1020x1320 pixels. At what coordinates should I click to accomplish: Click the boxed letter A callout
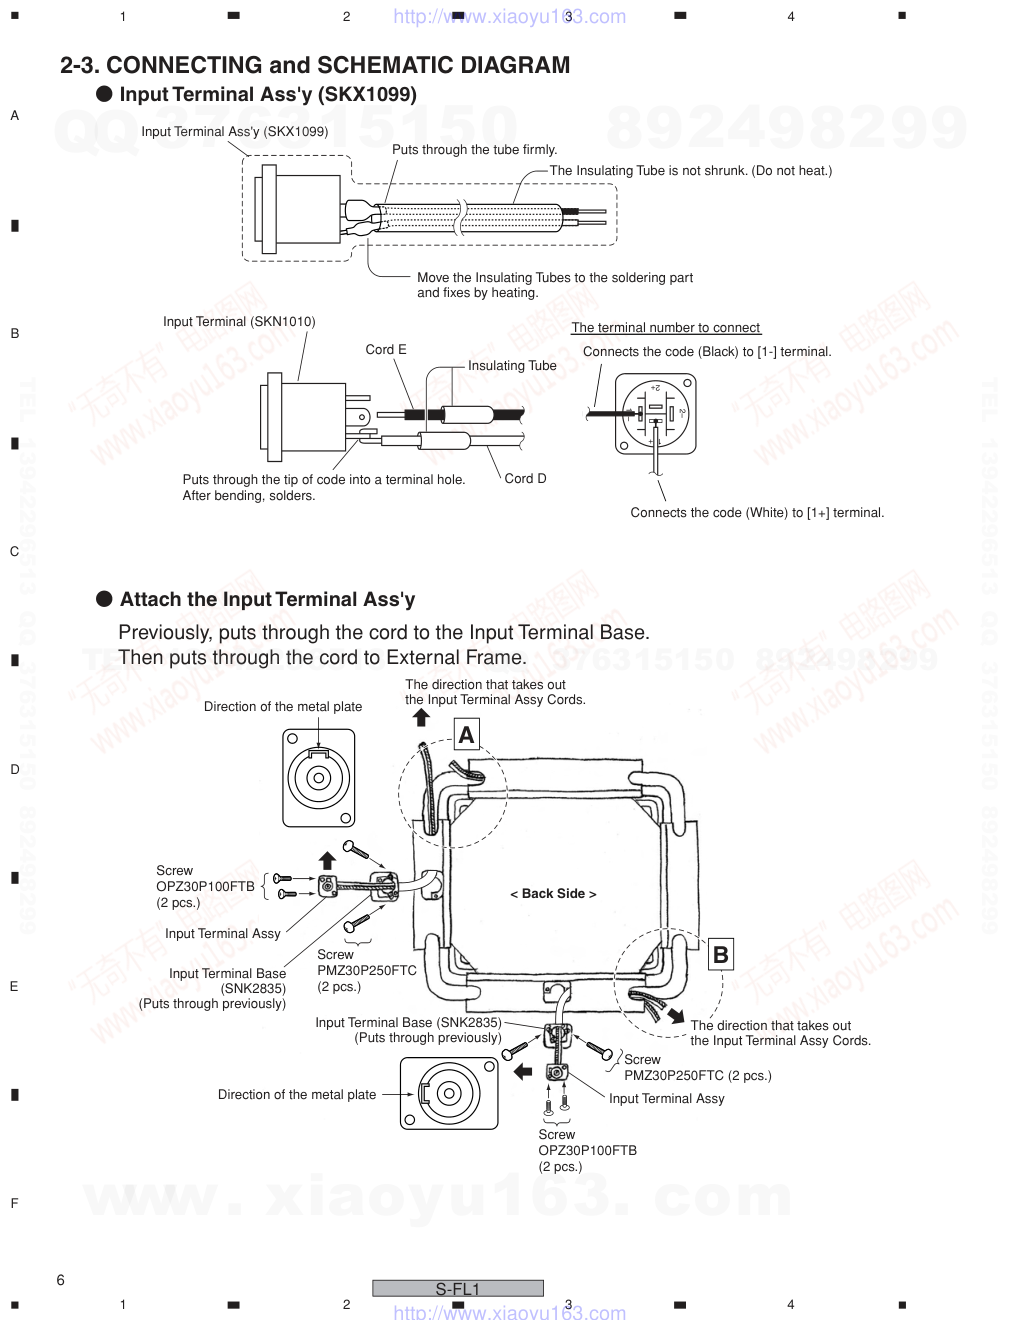[466, 735]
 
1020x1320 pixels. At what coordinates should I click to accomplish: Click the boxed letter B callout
[720, 955]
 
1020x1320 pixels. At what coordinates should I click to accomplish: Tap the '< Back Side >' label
[553, 894]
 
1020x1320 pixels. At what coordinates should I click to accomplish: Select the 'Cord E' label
[386, 350]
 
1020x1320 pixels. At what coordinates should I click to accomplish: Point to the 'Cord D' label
[525, 479]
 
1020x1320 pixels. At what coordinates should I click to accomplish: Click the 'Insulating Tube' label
[512, 366]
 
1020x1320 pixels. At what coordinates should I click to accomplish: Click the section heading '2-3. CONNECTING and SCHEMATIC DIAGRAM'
[315, 66]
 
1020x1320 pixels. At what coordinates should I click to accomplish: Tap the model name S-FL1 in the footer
[458, 1289]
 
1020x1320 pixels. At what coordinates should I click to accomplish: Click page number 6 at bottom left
[61, 1280]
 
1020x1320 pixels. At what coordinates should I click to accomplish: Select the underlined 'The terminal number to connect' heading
[666, 328]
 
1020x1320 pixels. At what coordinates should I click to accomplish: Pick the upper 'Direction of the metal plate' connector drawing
[319, 777]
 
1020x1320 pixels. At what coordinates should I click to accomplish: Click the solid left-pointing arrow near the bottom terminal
[521, 1072]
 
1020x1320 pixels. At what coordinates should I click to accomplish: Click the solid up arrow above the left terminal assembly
[326, 860]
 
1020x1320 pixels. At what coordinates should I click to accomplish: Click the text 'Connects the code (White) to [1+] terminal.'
[757, 513]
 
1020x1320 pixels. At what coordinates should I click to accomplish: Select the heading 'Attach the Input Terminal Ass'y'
[267, 600]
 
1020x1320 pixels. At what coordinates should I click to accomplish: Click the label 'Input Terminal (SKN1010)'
[239, 322]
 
